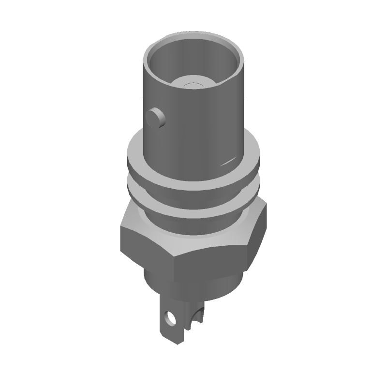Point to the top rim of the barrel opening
(193, 35)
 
